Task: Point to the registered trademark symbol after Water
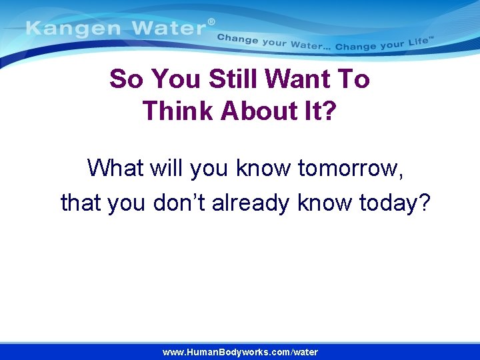click(211, 22)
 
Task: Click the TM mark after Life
click(431, 39)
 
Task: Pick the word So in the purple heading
click(127, 79)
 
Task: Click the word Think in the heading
click(177, 111)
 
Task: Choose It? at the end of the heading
click(319, 111)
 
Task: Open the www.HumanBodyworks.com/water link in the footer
click(240, 352)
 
